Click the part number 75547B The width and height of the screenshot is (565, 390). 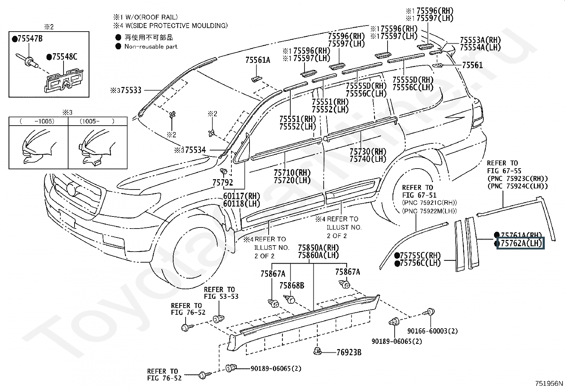[x=29, y=39]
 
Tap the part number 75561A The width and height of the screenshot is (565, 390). [x=258, y=60]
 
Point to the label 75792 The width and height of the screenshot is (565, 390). [x=223, y=183]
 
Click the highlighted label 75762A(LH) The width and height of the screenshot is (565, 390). [x=520, y=243]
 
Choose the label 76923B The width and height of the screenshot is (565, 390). [x=349, y=352]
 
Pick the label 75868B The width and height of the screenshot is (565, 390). [x=291, y=285]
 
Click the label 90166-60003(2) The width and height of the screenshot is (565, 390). [x=432, y=331]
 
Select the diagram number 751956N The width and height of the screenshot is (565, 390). [x=549, y=383]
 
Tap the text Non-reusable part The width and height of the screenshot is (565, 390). [x=150, y=46]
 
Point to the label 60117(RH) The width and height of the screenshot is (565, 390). [x=242, y=196]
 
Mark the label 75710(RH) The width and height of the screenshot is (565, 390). [x=292, y=172]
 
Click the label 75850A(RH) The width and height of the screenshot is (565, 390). [x=318, y=247]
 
